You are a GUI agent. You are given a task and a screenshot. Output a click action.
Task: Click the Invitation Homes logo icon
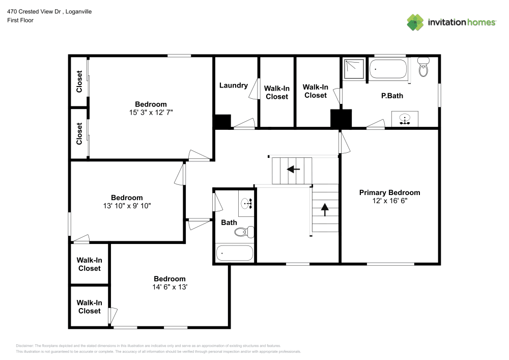415,22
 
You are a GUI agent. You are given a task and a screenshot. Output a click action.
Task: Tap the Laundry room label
234,86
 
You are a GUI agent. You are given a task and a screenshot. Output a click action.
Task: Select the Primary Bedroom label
389,192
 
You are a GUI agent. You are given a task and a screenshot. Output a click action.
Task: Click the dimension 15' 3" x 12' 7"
151,113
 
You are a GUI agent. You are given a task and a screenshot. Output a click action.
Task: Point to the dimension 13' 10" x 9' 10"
127,206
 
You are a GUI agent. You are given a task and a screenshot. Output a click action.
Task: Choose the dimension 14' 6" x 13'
169,287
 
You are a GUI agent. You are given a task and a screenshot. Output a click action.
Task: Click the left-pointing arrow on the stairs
293,170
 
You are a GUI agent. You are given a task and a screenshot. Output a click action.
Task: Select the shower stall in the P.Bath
354,69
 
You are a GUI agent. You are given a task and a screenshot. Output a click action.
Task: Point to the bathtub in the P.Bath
388,69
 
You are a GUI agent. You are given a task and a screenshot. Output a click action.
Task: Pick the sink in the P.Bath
405,119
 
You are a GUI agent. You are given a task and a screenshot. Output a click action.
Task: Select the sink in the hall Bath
246,204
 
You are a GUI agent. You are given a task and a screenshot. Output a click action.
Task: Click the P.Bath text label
392,95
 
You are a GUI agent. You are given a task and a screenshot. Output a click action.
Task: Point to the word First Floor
20,20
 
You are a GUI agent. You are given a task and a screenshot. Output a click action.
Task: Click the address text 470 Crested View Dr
35,11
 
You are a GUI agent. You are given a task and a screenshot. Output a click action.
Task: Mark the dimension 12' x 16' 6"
389,201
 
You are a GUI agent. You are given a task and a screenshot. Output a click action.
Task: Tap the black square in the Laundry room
222,122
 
